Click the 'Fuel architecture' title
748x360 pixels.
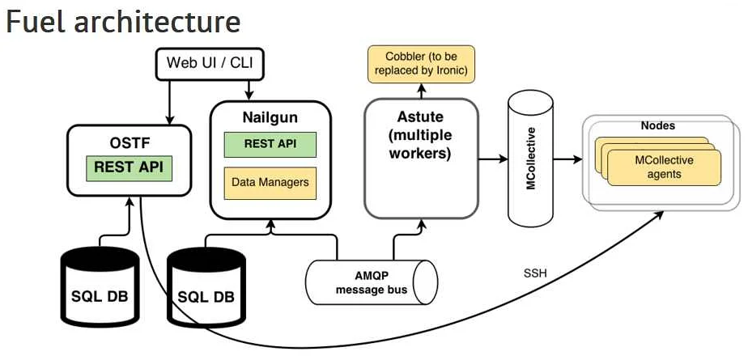(123, 21)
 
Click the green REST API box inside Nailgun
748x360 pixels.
(270, 144)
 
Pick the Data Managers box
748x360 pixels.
(270, 182)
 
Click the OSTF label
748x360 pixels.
(131, 143)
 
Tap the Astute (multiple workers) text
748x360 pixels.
(420, 134)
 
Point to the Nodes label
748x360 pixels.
(657, 126)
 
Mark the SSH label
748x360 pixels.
(535, 273)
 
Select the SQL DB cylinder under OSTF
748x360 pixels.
(99, 287)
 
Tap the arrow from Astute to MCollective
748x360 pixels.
(492, 159)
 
